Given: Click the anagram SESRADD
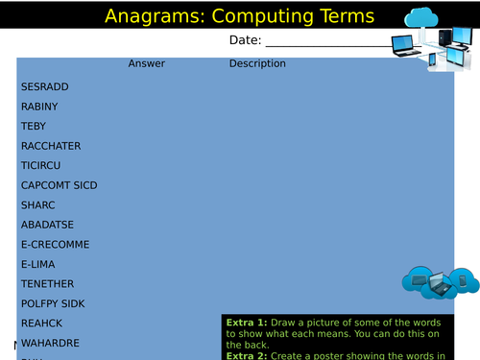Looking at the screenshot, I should pos(44,86).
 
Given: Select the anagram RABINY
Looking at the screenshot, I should pos(39,107).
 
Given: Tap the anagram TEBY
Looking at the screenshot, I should pos(34,126).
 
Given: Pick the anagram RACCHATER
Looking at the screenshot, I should pos(51,146).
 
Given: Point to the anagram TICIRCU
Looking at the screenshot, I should pos(42,165).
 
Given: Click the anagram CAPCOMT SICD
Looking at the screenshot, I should pos(59,185).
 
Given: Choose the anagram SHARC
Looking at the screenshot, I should pos(38,204).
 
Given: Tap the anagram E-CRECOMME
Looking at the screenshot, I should pos(55,245).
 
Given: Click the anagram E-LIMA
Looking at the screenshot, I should pos(39,264).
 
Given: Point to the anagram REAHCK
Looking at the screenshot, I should pos(41,324).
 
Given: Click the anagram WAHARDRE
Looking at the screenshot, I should pos(50,343).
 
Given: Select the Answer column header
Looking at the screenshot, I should pos(147,64).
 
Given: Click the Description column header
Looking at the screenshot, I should pos(257,64).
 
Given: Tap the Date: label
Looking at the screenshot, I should pos(245,40).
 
